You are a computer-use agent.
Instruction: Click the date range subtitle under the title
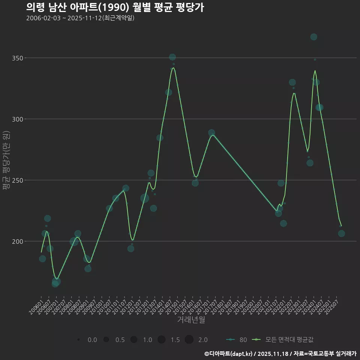(80, 18)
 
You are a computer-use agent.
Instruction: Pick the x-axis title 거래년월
(191, 320)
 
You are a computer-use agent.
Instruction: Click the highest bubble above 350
(314, 37)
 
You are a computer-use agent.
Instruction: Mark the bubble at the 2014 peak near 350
(172, 57)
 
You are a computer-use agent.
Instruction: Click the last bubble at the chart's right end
(341, 233)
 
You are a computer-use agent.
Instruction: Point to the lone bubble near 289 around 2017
(211, 133)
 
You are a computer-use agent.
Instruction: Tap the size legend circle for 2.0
(189, 340)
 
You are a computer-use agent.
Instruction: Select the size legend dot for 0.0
(78, 340)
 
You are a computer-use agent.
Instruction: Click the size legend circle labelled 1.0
(134, 340)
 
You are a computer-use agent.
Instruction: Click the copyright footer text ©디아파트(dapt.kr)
(229, 354)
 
